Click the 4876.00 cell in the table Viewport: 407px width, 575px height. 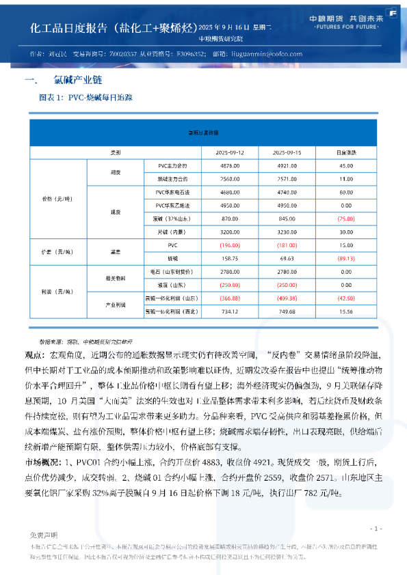[x=229, y=166]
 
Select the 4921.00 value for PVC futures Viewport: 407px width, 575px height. [x=287, y=166]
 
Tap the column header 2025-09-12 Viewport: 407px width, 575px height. [x=229, y=151]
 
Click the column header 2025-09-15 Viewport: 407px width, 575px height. [x=287, y=151]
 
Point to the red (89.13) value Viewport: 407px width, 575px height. [x=345, y=259]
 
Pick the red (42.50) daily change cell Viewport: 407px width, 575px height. [x=345, y=298]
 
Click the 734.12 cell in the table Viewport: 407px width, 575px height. [x=229, y=311]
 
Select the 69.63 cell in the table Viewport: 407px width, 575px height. [x=287, y=259]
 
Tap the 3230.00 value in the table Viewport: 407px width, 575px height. [x=287, y=232]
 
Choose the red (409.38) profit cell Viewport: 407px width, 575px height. [x=287, y=298]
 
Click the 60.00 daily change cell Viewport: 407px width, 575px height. [x=345, y=193]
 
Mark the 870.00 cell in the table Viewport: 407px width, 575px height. [x=229, y=219]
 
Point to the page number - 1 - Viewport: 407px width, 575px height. [x=375, y=529]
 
